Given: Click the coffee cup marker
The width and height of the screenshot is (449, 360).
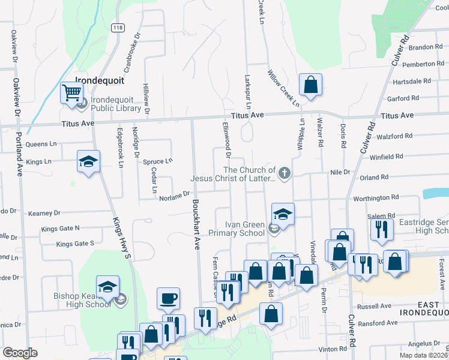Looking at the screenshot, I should (168, 298).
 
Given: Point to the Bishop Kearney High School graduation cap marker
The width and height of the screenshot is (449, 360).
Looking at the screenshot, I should (108, 286).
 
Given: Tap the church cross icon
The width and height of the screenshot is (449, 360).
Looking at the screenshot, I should (284, 174).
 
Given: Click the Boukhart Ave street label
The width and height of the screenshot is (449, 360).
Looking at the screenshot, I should (196, 225).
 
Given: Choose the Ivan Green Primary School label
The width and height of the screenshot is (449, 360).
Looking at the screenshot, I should (236, 229).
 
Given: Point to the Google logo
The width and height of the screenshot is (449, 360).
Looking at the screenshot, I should (20, 353).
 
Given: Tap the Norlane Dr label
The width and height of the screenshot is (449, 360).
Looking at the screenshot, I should (174, 194).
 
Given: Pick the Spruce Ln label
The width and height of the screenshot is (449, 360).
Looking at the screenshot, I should (161, 161).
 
